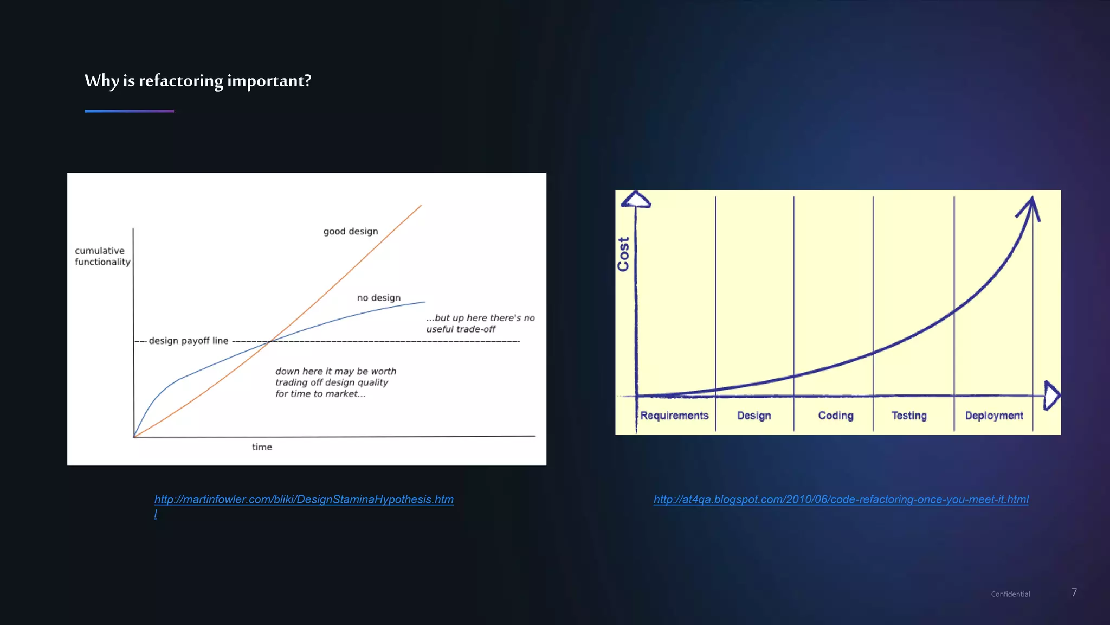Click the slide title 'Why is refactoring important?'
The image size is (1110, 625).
198,81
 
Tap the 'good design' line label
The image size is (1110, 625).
351,232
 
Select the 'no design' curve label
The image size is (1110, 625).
379,298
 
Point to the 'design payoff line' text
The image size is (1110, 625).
189,341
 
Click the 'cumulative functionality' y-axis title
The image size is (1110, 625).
102,256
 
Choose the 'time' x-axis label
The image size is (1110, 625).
262,447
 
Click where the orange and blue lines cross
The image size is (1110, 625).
270,341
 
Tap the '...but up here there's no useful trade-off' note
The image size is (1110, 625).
480,323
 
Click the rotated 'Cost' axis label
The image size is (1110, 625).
623,254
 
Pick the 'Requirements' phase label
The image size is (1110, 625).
674,416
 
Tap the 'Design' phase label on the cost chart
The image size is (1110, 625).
754,416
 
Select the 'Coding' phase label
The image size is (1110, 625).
836,416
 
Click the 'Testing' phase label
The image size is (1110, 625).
909,416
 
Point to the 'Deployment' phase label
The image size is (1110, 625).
994,416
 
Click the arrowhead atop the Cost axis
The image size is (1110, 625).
636,200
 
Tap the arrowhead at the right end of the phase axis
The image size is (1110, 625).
1051,395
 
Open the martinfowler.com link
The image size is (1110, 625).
304,500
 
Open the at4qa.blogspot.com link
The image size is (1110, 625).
841,500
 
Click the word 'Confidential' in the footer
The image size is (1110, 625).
1010,594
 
